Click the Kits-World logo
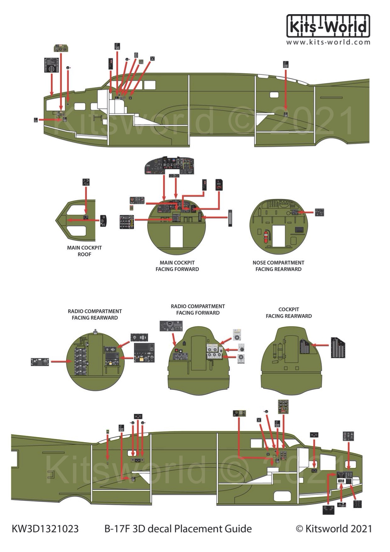pyautogui.click(x=328, y=26)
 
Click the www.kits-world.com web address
pyautogui.click(x=328, y=42)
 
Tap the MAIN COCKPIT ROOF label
pyautogui.click(x=84, y=251)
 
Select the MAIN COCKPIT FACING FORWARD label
pyautogui.click(x=177, y=266)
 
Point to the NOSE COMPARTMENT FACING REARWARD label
pyautogui.click(x=278, y=266)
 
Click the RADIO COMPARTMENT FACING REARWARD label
pyautogui.click(x=95, y=314)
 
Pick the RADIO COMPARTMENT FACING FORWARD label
pyautogui.click(x=198, y=309)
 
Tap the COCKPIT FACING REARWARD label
pyautogui.click(x=289, y=313)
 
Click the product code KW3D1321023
pyautogui.click(x=45, y=529)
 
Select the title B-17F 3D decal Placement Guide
pyautogui.click(x=178, y=529)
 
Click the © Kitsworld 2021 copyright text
pyautogui.click(x=334, y=529)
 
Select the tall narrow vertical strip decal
pyautogui.click(x=230, y=218)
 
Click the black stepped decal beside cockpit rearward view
pyautogui.click(x=338, y=347)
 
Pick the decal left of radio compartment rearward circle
pyautogui.click(x=40, y=362)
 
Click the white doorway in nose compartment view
pyautogui.click(x=278, y=236)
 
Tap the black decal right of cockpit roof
pyautogui.click(x=104, y=221)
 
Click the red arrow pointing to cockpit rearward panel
pyautogui.click(x=320, y=345)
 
